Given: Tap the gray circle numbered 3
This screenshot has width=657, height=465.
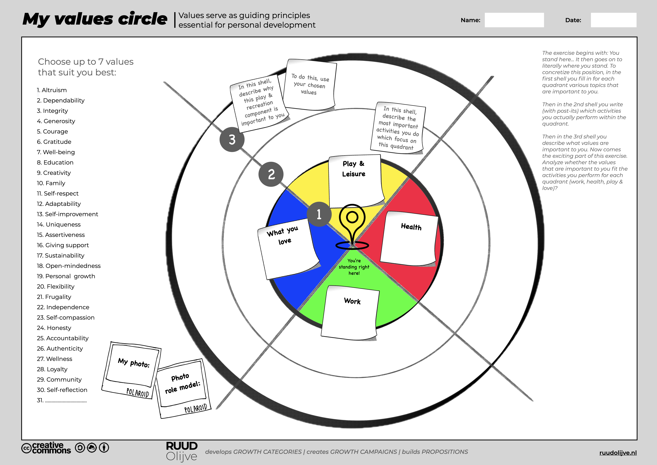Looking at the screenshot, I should point(232,139).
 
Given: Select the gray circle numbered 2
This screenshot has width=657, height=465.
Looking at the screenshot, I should point(271,174).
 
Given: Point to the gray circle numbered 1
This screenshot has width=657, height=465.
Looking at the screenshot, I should point(319,214).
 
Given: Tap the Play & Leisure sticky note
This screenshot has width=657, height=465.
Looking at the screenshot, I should point(355,180).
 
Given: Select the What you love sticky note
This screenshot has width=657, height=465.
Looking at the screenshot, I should point(288,249).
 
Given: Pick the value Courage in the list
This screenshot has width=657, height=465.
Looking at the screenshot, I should point(52,131).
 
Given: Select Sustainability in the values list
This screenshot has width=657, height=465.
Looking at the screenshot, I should point(61,255).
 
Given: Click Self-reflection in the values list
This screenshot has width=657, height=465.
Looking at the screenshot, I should point(62,390).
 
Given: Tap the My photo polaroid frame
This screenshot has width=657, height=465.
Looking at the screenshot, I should point(132,369).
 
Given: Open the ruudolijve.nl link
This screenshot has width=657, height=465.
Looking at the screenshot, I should point(618,453).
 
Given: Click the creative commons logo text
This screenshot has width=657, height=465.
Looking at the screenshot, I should point(46,448).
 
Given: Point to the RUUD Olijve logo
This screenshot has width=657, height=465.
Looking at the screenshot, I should point(182,451).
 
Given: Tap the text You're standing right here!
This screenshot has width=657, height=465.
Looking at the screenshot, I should point(354,267).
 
